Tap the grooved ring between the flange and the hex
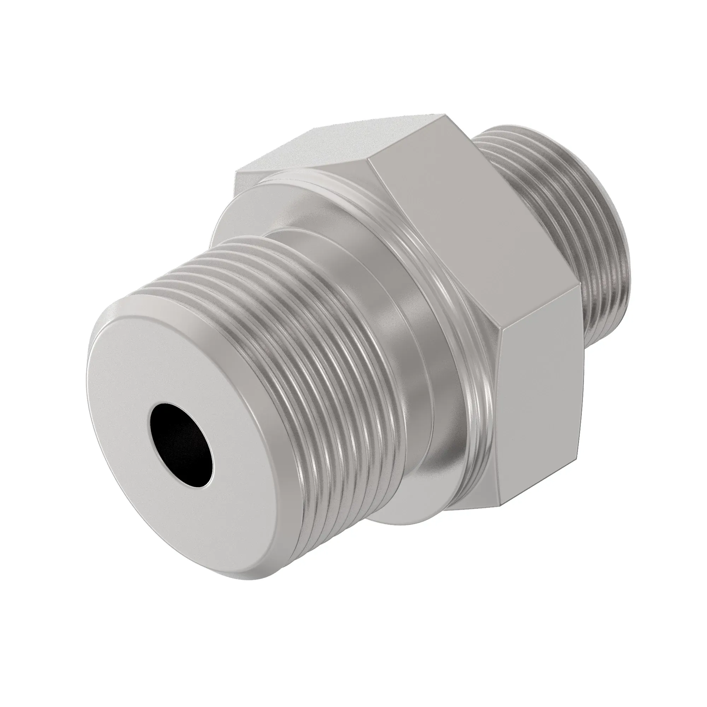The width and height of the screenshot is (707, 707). pos(450,300)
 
